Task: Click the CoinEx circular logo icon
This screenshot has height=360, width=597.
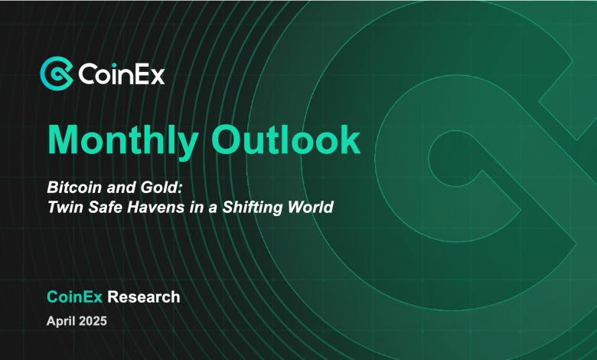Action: pyautogui.click(x=57, y=74)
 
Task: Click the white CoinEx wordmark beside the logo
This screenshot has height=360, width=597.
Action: pyautogui.click(x=122, y=74)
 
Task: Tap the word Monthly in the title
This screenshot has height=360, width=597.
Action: pyautogui.click(x=123, y=141)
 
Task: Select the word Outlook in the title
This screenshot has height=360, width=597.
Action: pyautogui.click(x=286, y=139)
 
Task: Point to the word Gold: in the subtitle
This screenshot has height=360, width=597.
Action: pyautogui.click(x=161, y=188)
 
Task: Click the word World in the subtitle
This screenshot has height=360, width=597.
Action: pyautogui.click(x=310, y=208)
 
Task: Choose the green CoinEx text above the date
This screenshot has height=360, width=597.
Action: pyautogui.click(x=75, y=296)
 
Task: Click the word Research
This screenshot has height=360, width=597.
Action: pyautogui.click(x=144, y=296)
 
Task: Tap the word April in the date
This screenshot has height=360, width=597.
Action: pyautogui.click(x=60, y=322)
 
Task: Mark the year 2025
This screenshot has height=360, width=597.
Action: pyautogui.click(x=93, y=321)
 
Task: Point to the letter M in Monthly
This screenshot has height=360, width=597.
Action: pyautogui.click(x=64, y=139)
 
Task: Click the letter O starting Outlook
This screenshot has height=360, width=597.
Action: pyautogui.click(x=227, y=139)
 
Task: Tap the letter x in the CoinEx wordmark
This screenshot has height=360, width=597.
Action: pyautogui.click(x=157, y=77)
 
